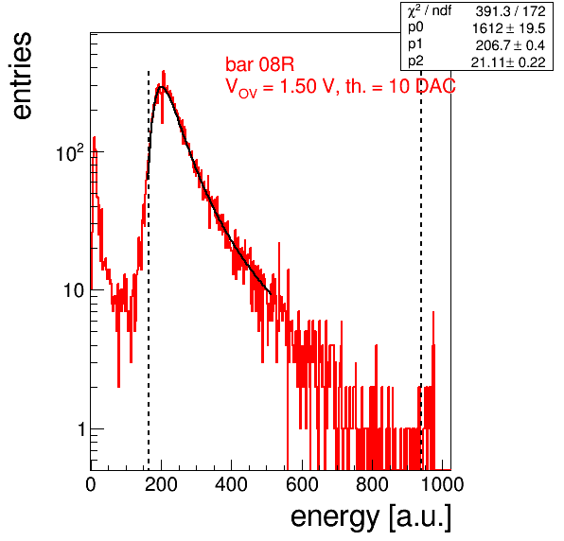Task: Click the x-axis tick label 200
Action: (161, 484)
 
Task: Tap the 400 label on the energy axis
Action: (231, 484)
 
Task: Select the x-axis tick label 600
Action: (302, 484)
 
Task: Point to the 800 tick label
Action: (372, 484)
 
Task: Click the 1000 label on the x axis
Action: (442, 484)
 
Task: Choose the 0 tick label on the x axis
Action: (91, 484)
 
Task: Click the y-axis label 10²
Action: (70, 153)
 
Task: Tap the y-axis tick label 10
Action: (74, 290)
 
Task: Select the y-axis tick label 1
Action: (81, 429)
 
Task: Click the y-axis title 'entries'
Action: (23, 76)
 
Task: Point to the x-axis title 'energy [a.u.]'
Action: (371, 517)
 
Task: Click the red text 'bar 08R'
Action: (259, 64)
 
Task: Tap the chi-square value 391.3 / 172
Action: (510, 11)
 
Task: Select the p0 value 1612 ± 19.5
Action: (508, 28)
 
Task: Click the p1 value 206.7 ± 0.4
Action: (510, 45)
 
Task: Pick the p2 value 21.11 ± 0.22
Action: (508, 62)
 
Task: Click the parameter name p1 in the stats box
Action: (415, 44)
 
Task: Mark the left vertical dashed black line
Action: (149, 270)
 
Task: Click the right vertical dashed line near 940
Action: (421, 270)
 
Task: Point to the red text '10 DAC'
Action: (422, 86)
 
